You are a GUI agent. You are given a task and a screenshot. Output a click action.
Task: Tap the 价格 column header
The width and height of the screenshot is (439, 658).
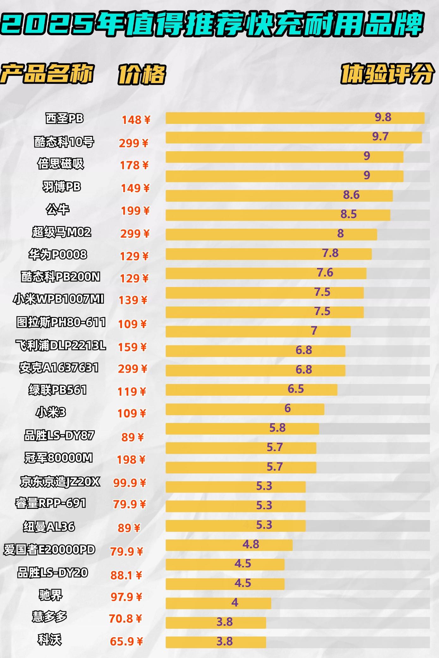[x=142, y=75]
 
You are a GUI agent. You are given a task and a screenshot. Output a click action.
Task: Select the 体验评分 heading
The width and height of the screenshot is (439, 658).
[x=387, y=74]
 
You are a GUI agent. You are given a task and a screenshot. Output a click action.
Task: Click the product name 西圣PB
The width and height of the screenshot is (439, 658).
[x=64, y=119]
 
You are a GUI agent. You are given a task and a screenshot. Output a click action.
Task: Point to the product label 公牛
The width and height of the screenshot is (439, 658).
[x=58, y=210]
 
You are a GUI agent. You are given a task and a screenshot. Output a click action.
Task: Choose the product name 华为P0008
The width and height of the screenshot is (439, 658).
[x=58, y=255]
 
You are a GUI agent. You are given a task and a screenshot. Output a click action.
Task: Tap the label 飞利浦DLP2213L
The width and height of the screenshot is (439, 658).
[x=61, y=345]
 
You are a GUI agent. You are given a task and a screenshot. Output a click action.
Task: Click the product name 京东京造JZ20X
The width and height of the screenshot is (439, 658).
[x=60, y=482]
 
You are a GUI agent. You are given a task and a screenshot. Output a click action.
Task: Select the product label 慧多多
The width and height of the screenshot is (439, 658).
[x=50, y=616]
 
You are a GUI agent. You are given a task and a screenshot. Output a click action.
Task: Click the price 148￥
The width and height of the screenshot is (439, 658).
[x=136, y=120]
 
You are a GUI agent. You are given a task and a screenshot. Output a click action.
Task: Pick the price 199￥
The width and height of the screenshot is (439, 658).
[x=135, y=211]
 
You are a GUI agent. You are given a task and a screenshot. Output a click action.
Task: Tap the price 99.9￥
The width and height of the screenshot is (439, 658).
[x=130, y=483]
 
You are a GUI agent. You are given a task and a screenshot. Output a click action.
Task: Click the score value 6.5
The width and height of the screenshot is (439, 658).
[x=296, y=389]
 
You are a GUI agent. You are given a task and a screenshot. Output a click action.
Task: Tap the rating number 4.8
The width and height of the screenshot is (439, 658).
[x=251, y=544]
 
